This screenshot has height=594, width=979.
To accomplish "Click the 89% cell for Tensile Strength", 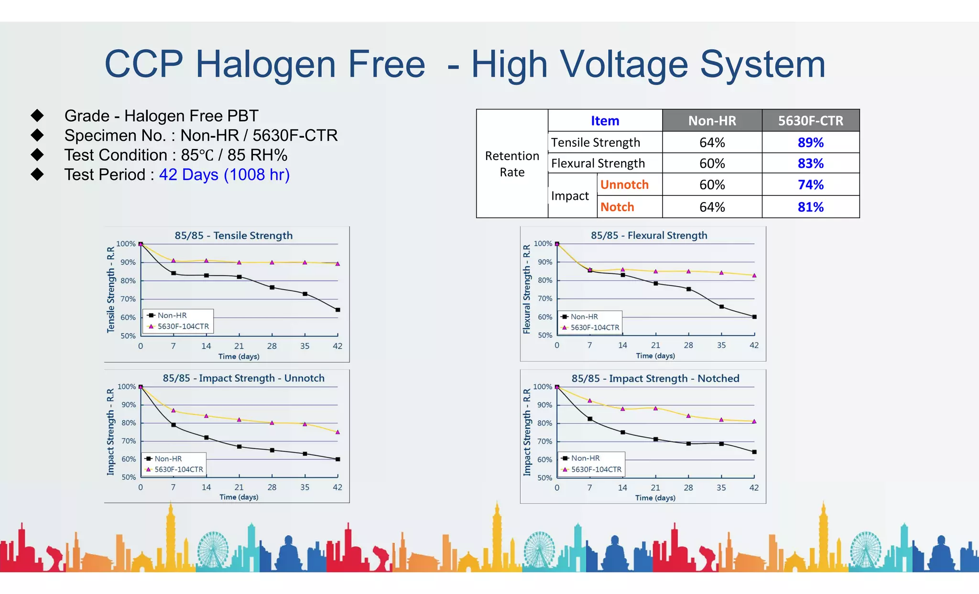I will point(810,142).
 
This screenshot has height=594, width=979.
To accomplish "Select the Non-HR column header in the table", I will point(712,121).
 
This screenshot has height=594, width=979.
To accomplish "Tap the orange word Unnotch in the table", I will point(624,184).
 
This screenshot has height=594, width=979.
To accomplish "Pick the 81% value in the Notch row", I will point(810,207).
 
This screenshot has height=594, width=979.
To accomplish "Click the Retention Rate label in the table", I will point(512,164).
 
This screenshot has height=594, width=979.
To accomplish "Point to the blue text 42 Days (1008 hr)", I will point(224,175).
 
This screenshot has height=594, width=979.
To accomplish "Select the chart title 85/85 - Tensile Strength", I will point(233,236).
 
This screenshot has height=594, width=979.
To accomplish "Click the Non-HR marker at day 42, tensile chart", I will point(337,310).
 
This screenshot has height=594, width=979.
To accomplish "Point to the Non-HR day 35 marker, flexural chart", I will point(721,307).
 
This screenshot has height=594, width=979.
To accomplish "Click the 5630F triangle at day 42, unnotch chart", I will point(337,432).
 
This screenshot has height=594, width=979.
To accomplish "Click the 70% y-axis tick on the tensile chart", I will point(128,299).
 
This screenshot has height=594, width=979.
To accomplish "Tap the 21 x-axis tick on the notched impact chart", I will point(655,488).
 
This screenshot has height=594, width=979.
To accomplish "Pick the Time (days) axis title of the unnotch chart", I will point(239,497).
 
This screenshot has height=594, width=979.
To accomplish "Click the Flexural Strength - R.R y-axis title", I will point(527,290).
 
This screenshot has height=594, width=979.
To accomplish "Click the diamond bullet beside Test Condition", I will point(37,155).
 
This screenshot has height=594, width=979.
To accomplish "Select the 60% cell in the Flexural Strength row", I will point(712,163).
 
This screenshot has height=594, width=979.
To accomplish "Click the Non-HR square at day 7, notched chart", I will point(590,419).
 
